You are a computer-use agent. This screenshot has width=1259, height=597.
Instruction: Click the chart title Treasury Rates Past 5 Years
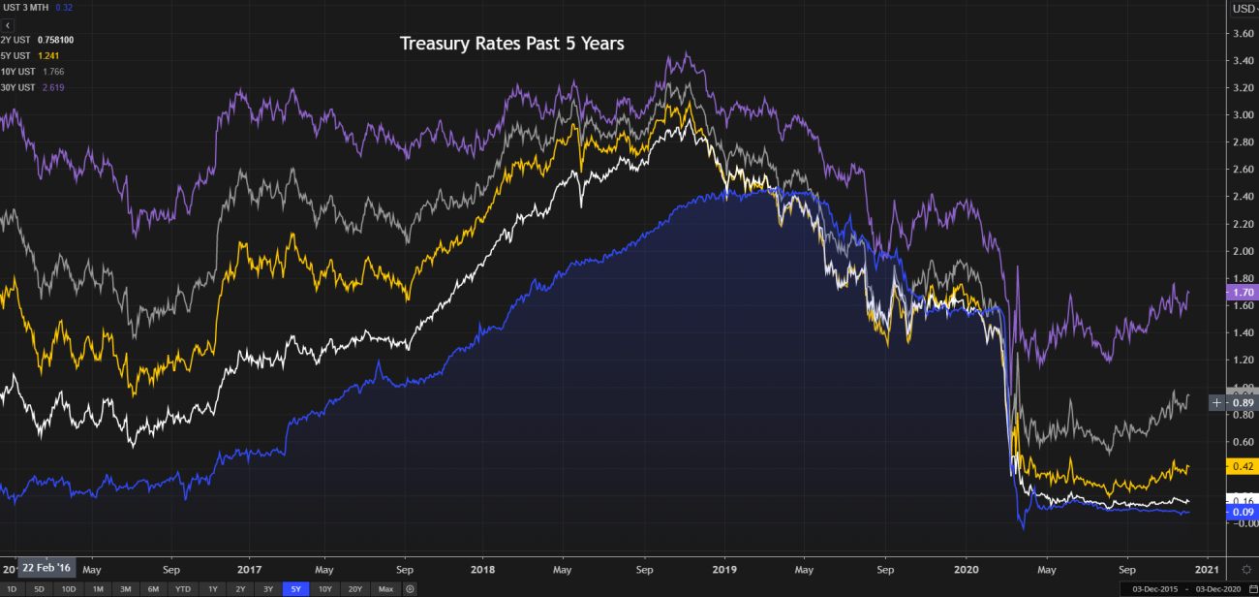[x=512, y=44]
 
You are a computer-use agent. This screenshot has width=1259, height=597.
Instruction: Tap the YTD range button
[x=181, y=589]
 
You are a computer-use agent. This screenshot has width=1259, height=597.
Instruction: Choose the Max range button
[x=385, y=589]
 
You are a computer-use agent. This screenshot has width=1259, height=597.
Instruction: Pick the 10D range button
[x=68, y=589]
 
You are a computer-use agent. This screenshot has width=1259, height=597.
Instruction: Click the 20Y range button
[x=355, y=589]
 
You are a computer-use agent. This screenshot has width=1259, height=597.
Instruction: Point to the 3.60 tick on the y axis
[x=1241, y=33]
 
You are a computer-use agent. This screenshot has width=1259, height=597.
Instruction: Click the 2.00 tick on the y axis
[x=1241, y=251]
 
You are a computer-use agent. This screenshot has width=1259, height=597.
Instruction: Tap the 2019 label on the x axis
[x=725, y=569]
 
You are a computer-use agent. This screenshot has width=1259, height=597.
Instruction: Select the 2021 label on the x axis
[x=1206, y=569]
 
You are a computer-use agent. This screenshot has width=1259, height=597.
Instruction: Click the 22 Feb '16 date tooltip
[x=46, y=569]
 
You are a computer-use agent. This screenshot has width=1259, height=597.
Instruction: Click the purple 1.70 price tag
[x=1242, y=292]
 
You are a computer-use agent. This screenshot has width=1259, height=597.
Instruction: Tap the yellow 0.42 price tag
[x=1242, y=466]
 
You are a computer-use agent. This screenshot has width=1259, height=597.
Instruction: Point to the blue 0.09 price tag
[x=1242, y=512]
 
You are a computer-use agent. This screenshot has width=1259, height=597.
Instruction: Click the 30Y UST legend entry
[x=18, y=87]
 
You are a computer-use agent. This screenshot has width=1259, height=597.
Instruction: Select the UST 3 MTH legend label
[x=26, y=8]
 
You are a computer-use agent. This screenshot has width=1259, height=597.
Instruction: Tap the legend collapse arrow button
[x=7, y=24]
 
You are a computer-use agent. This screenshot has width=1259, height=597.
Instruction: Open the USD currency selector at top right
[x=1244, y=9]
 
